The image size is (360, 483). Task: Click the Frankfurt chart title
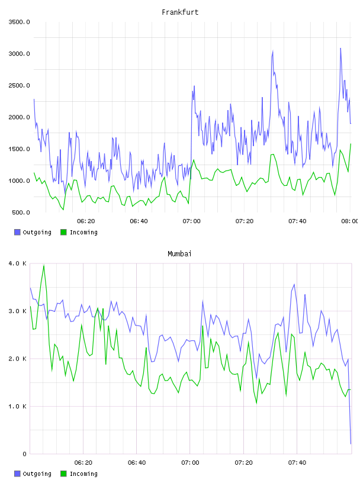pos(180,12)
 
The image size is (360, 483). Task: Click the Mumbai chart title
pos(179,254)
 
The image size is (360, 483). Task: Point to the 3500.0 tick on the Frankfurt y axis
pos(19,22)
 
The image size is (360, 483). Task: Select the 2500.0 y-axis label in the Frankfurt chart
pos(19,85)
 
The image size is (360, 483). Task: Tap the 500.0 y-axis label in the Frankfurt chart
pos(21,212)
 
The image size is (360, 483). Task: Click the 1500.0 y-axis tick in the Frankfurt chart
pos(19,149)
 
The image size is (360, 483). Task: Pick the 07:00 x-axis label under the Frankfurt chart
pos(191,221)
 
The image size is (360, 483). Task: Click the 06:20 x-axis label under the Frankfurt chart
pos(86,221)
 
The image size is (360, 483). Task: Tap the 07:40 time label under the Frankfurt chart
pos(297,221)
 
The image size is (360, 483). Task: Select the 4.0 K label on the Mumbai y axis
pos(17,263)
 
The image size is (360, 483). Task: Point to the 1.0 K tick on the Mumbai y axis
pos(17,406)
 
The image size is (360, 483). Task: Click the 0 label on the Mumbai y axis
pos(24,454)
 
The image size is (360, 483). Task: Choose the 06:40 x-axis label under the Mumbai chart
pos(137,463)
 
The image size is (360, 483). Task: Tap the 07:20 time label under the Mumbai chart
pos(243,463)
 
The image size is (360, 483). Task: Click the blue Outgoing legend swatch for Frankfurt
pos(17,232)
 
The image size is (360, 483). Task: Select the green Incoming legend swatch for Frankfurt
pos(63,232)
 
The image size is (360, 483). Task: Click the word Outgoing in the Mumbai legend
pos(37,474)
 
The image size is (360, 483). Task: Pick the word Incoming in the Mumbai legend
pos(83,474)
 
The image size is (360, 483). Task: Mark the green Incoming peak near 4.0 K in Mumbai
pos(44,265)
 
